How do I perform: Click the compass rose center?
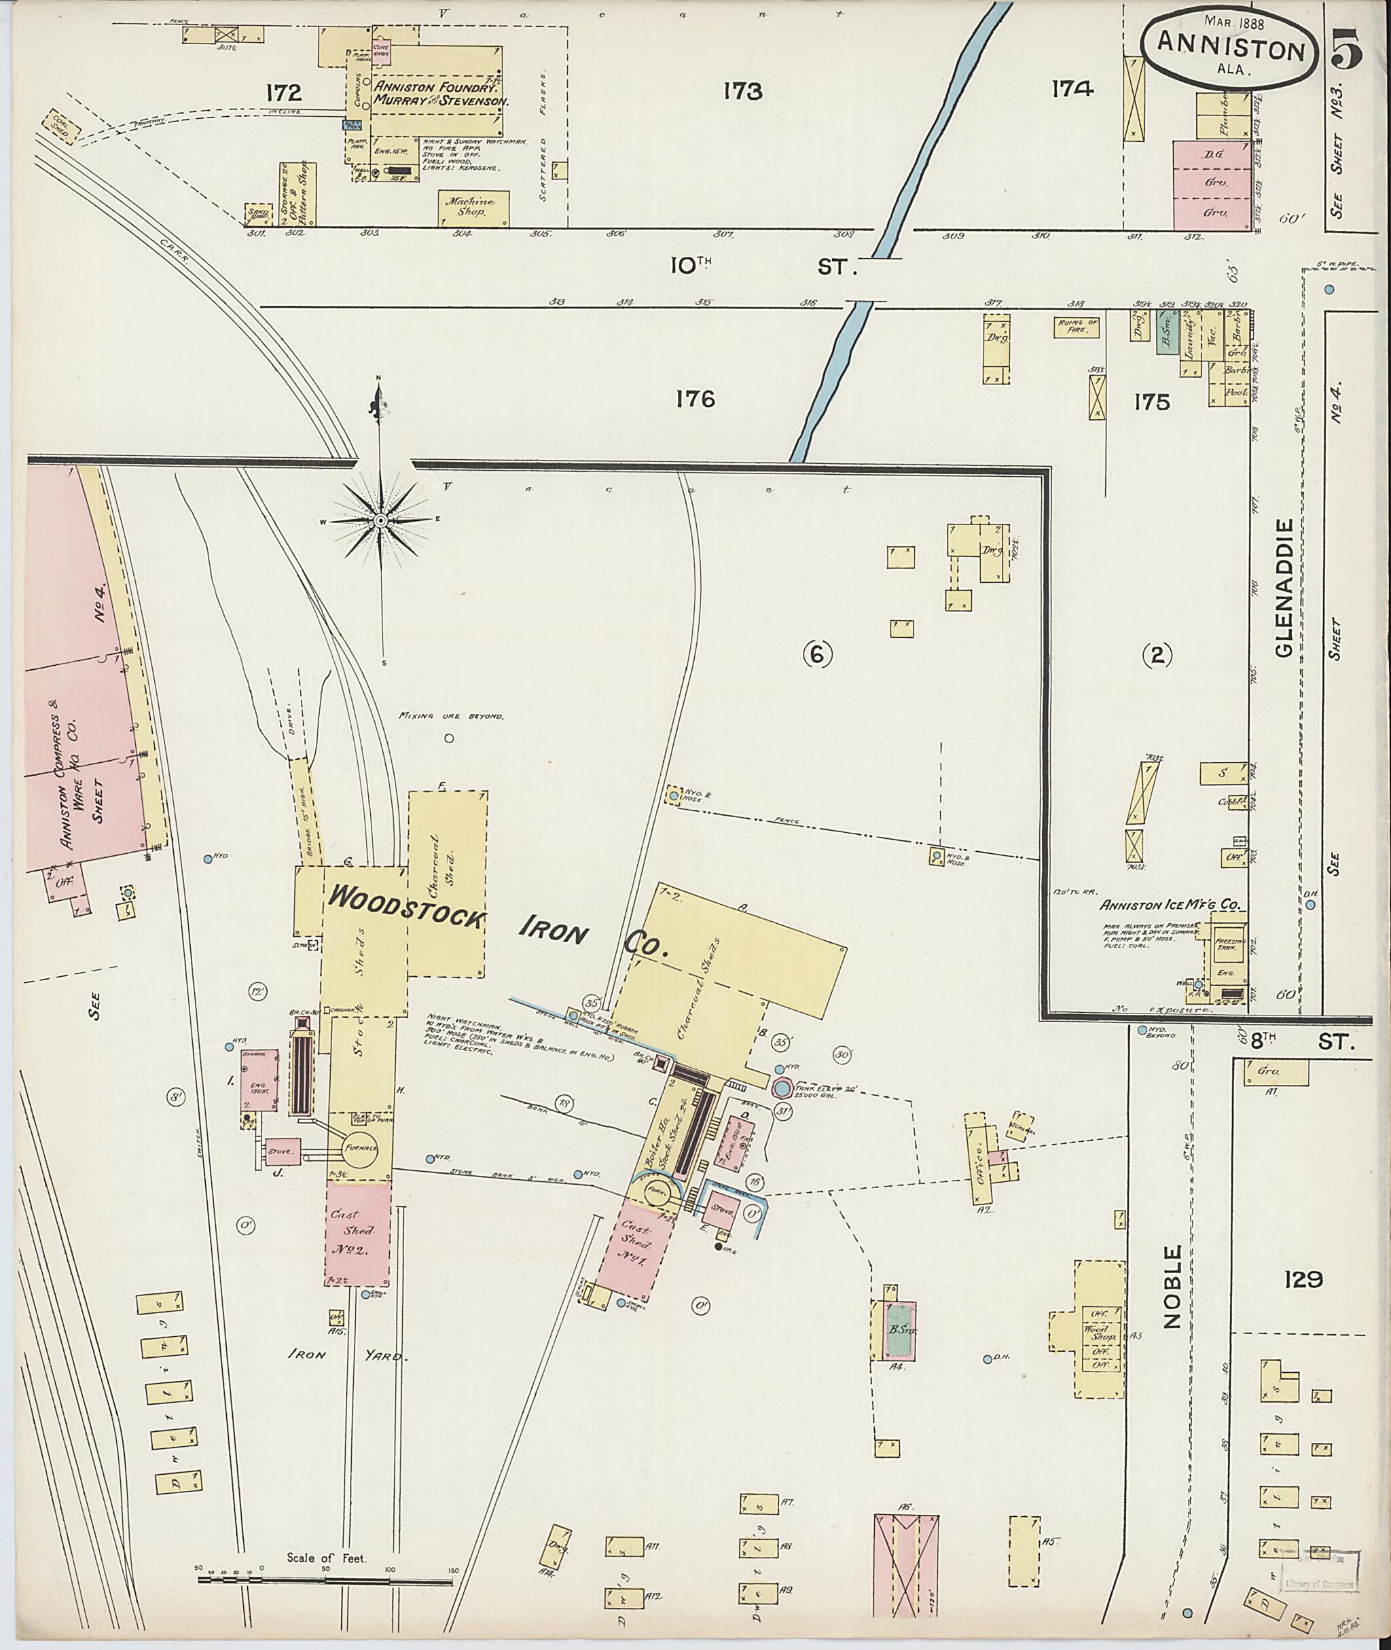(379, 520)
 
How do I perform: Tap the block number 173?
(742, 92)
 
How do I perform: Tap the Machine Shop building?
(473, 207)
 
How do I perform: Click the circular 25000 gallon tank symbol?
(780, 1088)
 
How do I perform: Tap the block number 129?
(1302, 1278)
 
